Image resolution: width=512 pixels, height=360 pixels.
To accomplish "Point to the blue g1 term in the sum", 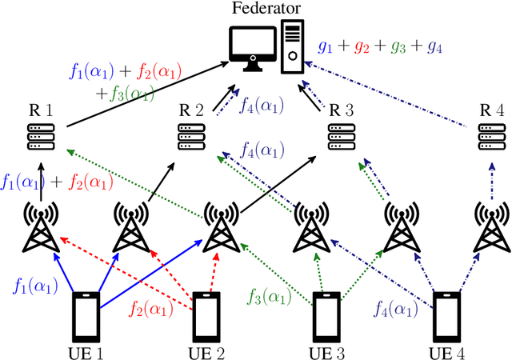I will (324, 46).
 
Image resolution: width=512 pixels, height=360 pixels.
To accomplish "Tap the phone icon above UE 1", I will (84, 315).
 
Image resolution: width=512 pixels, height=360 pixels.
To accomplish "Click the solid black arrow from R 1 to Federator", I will (144, 103).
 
